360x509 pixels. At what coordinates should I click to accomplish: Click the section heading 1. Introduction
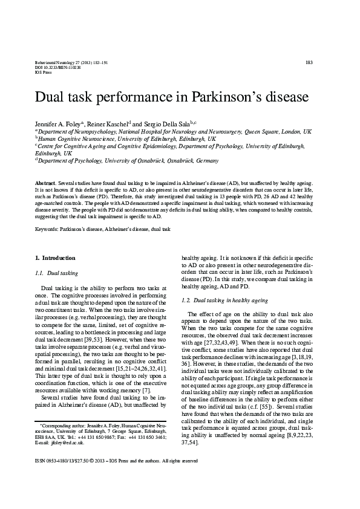tap(54, 258)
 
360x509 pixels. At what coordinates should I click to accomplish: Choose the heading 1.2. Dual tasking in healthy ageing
tap(224, 300)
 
